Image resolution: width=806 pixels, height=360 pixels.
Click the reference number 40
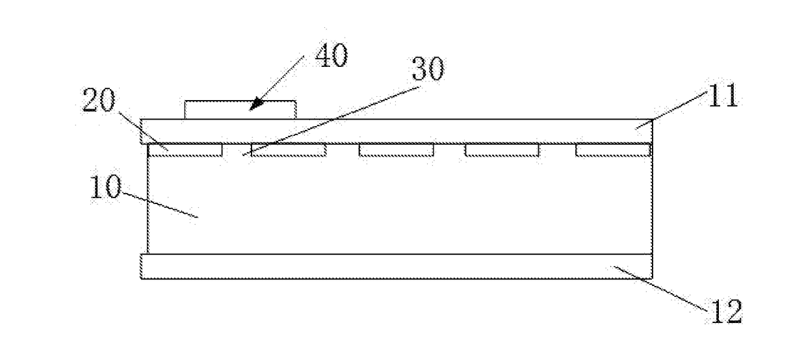331,57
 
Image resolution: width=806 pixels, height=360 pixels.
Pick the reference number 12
723,312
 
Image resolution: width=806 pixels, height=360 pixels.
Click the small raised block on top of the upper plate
240,109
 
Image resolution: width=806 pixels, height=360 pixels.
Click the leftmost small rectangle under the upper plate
186,150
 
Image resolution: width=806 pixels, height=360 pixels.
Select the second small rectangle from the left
288,150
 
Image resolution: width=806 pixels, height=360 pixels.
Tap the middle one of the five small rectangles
396,150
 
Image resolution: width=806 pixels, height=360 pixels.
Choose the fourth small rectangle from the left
502,150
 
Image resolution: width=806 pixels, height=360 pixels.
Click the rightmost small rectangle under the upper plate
613,150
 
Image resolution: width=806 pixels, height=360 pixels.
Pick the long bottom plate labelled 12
396,266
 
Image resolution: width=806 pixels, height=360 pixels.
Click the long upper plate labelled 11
396,131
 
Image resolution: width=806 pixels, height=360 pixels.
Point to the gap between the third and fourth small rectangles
449,150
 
